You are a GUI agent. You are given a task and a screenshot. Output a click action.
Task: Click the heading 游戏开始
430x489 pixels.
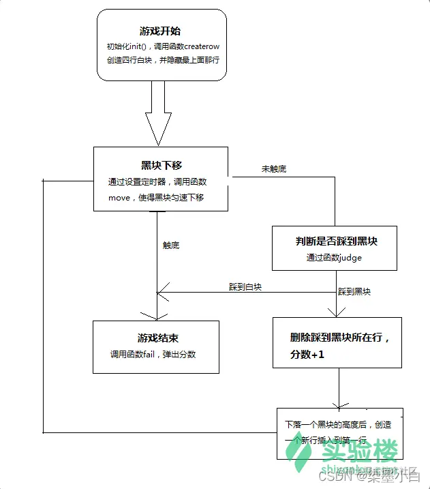point(162,31)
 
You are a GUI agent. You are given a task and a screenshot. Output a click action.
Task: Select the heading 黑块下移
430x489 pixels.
point(162,165)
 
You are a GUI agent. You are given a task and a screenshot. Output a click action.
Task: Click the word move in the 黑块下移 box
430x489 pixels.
point(120,198)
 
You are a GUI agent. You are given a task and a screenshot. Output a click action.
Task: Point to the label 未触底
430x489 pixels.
point(274,168)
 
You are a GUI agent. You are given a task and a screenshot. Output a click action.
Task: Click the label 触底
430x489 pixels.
point(171,246)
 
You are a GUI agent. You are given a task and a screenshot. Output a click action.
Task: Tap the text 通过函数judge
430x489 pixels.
point(334,258)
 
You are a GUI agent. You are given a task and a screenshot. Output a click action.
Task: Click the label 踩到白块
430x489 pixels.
point(245,288)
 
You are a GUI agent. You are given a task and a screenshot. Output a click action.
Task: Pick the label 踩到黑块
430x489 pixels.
point(355,292)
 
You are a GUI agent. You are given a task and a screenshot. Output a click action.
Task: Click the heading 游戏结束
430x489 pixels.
point(157,338)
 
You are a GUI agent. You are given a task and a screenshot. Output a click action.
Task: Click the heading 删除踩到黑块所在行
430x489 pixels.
point(337,338)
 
